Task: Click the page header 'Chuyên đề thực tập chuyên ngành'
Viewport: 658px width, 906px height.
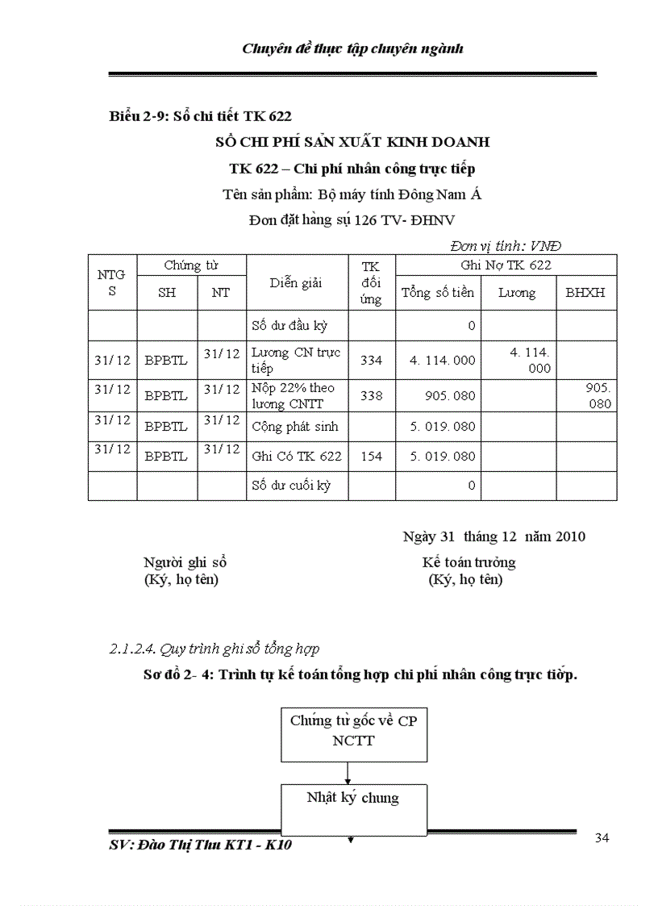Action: (352, 48)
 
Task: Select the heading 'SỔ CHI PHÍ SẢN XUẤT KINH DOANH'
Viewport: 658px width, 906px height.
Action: (353, 142)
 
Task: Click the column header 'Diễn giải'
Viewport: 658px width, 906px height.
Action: (296, 282)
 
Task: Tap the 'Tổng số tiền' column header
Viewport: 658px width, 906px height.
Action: (438, 293)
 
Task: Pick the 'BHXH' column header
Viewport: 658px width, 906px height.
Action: (585, 293)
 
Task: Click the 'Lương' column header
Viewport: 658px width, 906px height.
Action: (516, 293)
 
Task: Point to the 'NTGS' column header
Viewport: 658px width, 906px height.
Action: (112, 282)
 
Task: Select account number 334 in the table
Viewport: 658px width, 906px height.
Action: (371, 361)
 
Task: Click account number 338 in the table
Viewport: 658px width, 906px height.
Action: (371, 396)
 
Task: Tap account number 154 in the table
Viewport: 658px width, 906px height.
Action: (371, 456)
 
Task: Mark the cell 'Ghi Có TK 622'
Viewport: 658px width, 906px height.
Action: (296, 456)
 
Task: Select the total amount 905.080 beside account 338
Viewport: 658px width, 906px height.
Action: (452, 396)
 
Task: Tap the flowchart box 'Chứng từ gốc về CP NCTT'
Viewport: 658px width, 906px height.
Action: (353, 731)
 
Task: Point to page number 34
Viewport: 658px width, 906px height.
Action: (602, 837)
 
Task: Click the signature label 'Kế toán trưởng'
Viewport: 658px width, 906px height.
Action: (469, 562)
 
